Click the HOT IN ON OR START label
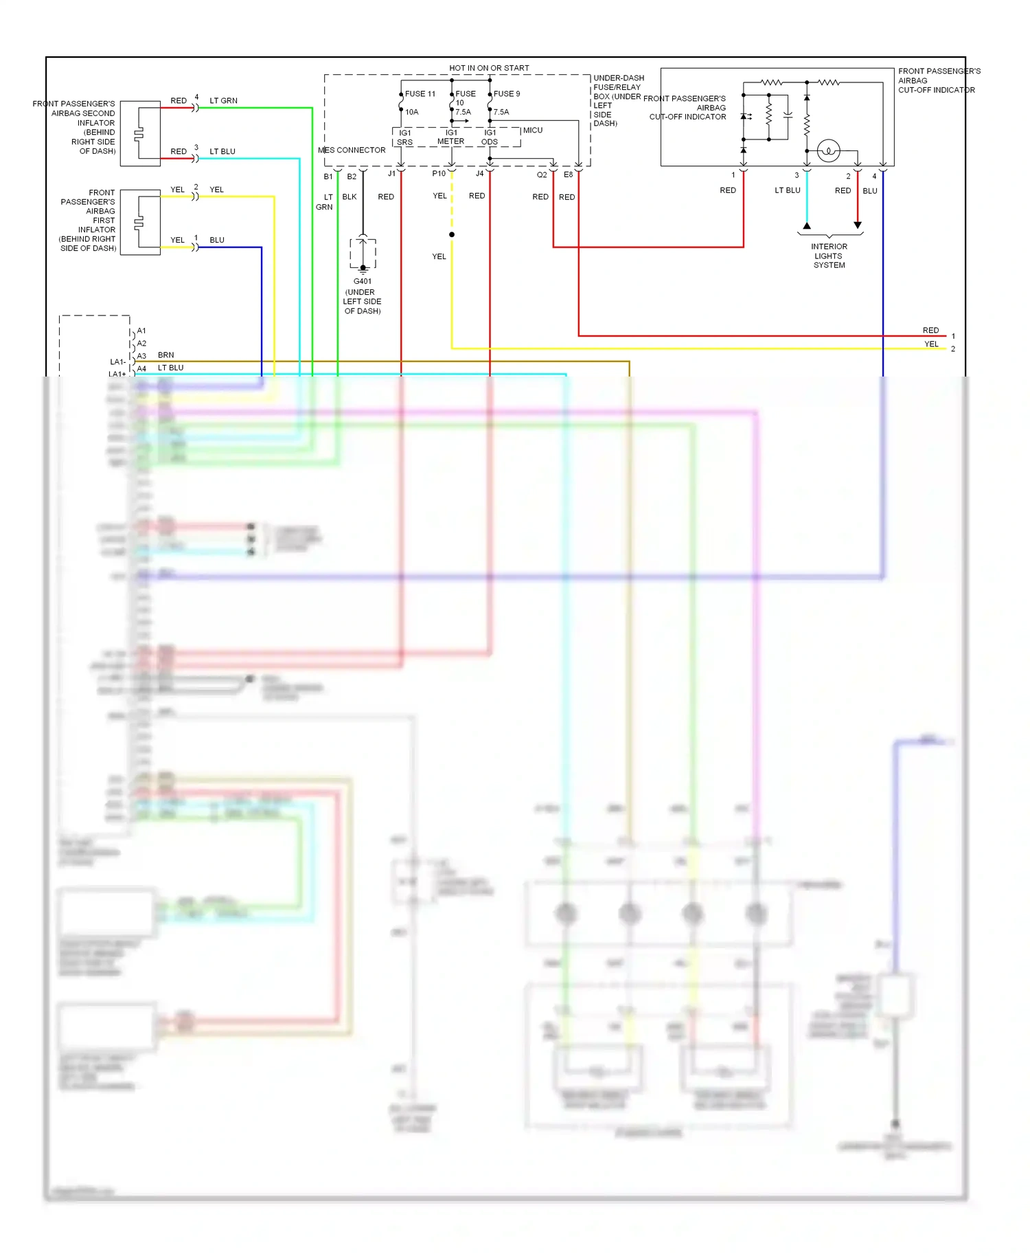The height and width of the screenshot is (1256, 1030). [x=489, y=68]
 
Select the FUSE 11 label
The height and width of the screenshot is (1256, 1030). [x=420, y=94]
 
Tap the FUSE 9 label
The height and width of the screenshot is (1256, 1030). [x=507, y=94]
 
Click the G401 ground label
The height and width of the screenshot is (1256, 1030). [x=363, y=281]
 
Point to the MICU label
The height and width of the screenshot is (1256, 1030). [x=533, y=130]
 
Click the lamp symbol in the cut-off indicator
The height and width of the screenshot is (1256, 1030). [x=829, y=150]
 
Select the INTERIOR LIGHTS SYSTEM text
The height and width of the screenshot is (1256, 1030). [x=829, y=256]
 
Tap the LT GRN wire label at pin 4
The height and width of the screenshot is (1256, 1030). [x=223, y=101]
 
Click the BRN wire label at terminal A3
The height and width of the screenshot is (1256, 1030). [x=166, y=355]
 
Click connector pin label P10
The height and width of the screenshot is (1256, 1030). [x=438, y=174]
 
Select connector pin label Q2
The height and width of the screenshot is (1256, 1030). [x=542, y=175]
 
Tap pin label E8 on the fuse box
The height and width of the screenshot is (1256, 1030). [x=568, y=175]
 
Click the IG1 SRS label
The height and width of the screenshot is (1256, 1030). [x=405, y=137]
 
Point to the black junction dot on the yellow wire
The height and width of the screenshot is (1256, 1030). [x=452, y=235]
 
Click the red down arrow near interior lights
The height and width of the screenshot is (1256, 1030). [x=858, y=225]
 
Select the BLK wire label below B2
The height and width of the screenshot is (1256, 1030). [x=350, y=197]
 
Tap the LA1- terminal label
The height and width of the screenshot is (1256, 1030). [x=117, y=362]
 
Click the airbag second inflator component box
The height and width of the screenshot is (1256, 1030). [x=140, y=134]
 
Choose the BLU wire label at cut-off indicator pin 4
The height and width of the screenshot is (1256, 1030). [x=870, y=191]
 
